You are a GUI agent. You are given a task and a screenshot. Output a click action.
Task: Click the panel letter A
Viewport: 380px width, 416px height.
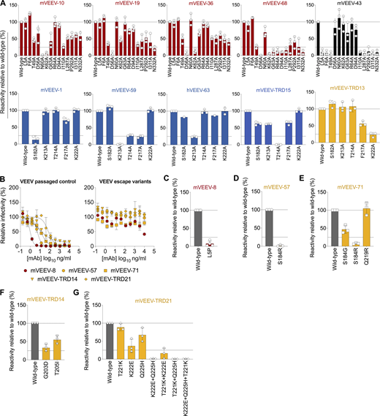coord(4,4)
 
